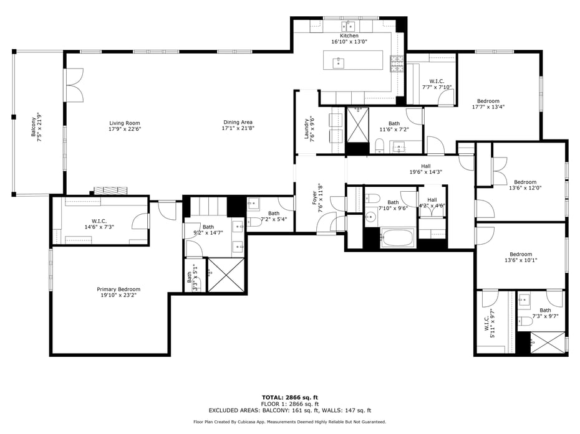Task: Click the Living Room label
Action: (125, 126)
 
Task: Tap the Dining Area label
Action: (238, 125)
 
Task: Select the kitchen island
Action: (354, 62)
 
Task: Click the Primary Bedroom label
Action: (118, 292)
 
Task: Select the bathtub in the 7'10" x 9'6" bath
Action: (397, 238)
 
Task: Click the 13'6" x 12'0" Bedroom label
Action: (522, 186)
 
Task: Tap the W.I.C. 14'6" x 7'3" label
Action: (100, 224)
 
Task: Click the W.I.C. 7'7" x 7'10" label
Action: (437, 84)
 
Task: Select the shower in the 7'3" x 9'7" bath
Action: (549, 342)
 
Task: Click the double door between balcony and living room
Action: (74, 85)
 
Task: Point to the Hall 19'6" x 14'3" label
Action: (426, 169)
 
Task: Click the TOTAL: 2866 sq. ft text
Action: (289, 397)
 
